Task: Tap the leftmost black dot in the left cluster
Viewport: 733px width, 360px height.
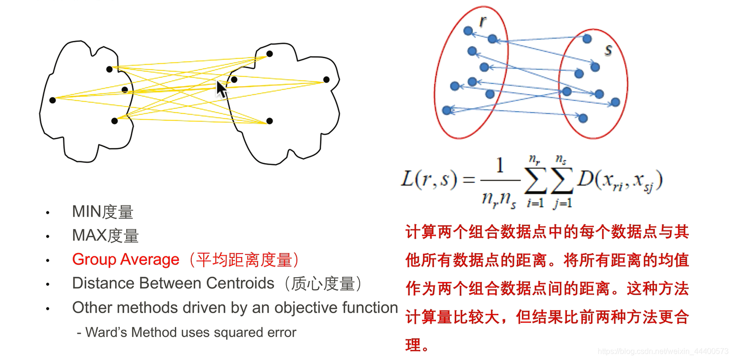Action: point(52,100)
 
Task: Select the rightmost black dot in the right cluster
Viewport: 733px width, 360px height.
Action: point(327,79)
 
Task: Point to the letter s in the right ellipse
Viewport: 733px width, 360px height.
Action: point(608,50)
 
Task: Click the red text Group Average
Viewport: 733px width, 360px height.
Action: point(126,260)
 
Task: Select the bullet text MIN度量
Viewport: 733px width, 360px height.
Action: point(103,212)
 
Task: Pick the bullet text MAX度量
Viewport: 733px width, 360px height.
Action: point(105,236)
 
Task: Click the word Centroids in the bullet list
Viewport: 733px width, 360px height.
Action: point(240,283)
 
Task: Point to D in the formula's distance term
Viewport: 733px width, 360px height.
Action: point(586,179)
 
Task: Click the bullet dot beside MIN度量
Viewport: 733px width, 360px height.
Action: point(47,212)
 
